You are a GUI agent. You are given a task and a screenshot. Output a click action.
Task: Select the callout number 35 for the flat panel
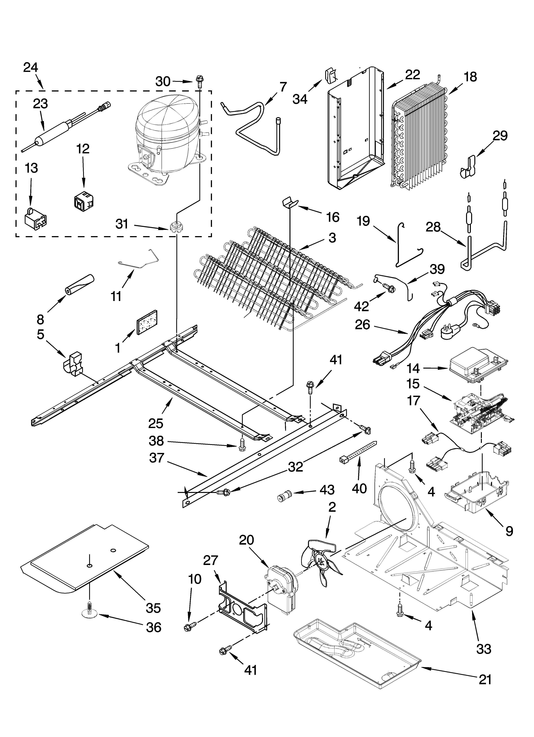click(153, 608)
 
